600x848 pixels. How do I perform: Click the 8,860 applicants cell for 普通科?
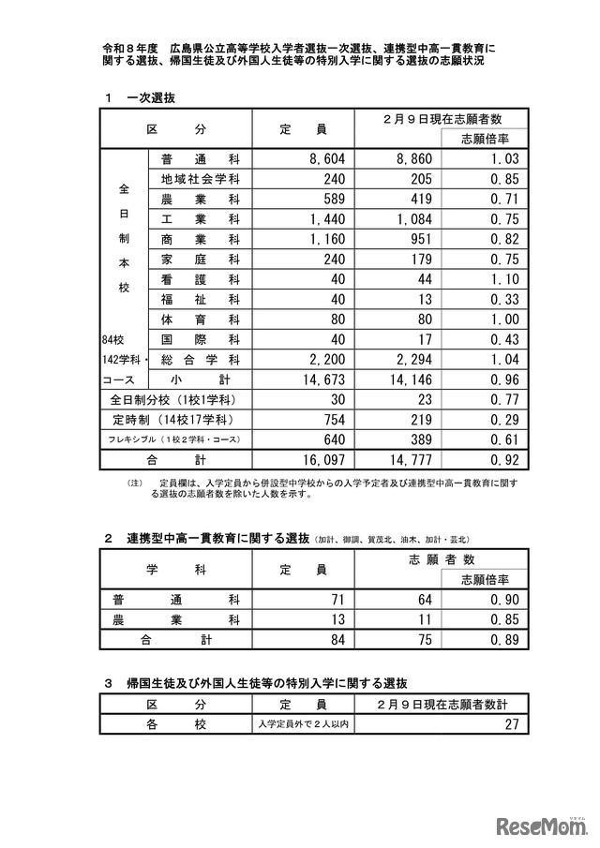tap(412, 160)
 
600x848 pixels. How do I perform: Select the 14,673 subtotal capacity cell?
tap(322, 380)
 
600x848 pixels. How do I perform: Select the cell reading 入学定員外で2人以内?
tap(304, 723)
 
